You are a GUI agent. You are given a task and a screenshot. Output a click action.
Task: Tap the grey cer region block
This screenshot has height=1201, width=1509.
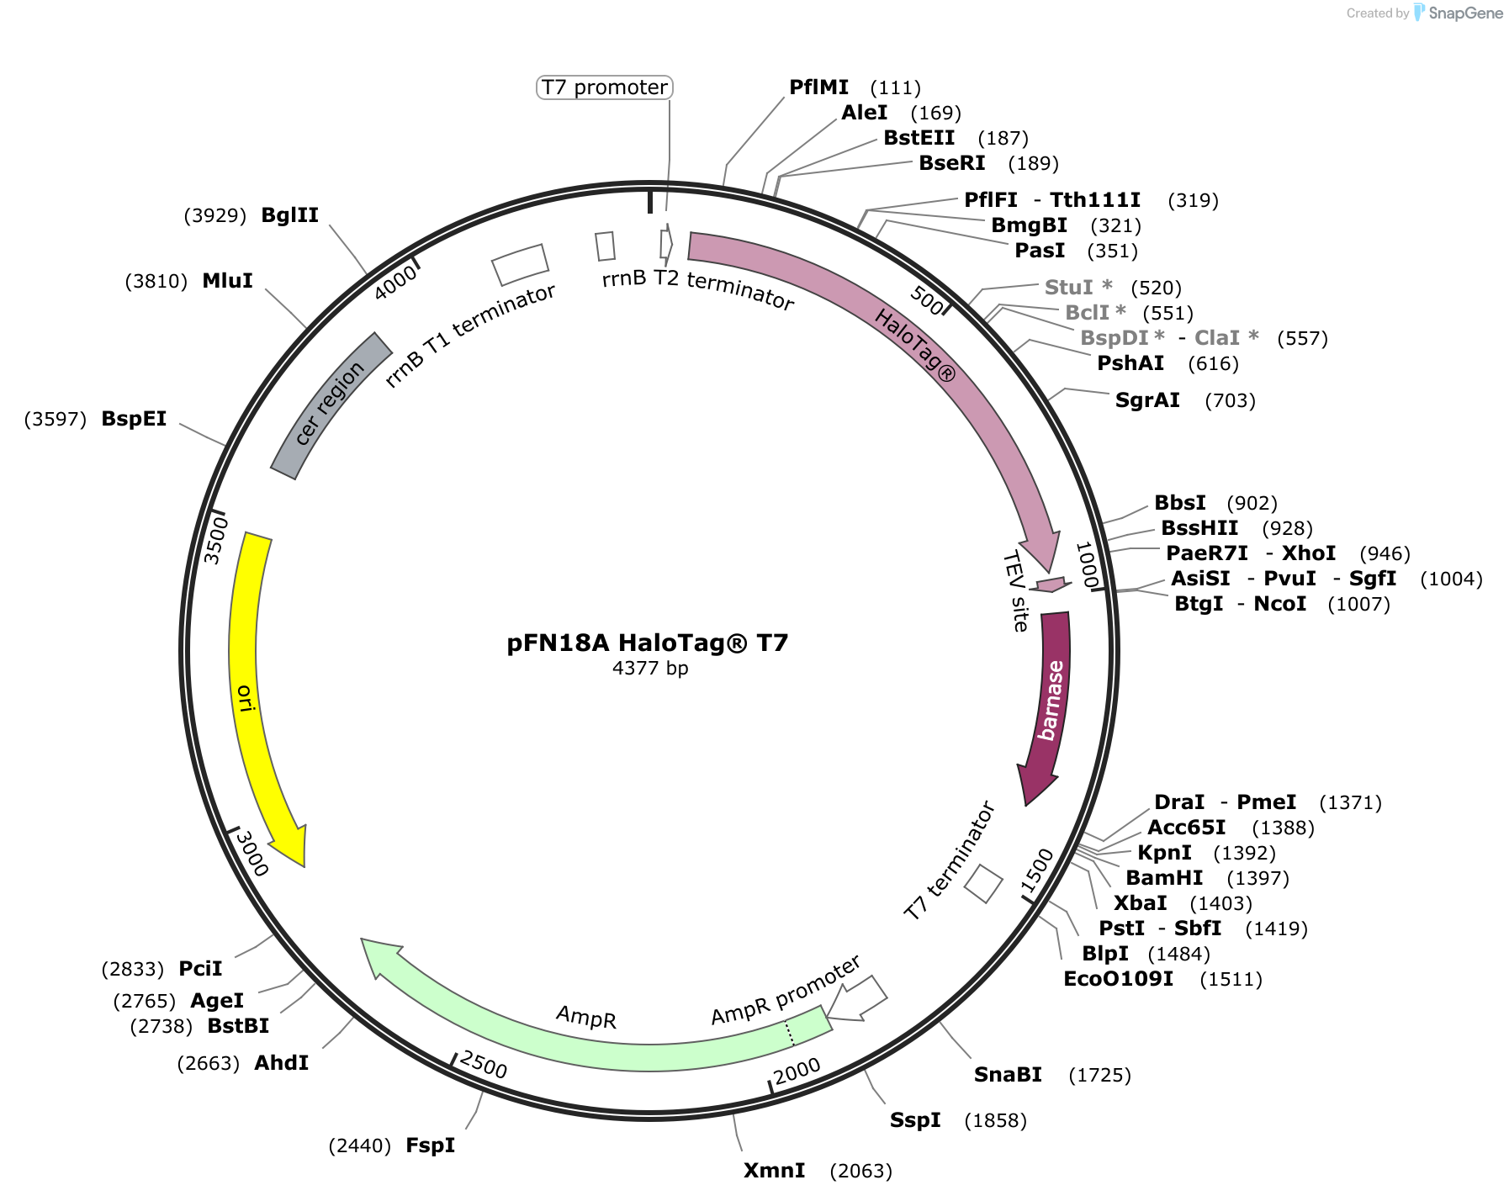330,405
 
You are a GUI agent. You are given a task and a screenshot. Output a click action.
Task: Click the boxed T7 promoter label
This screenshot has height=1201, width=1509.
604,87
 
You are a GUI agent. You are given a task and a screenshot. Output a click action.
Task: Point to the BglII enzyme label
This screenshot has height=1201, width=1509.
290,215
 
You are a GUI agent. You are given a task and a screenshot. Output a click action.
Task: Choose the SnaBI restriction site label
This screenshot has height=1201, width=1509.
1008,1075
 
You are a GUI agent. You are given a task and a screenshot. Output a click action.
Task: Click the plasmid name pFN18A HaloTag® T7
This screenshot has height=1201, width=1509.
647,643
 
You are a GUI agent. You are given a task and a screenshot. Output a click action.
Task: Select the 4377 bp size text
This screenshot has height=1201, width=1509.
650,669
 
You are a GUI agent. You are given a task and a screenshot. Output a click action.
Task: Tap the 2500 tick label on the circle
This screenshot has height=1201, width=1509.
484,1065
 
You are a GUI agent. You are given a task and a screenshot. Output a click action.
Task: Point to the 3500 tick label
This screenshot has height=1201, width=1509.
216,540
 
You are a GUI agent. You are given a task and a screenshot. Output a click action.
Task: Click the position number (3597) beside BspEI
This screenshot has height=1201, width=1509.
56,419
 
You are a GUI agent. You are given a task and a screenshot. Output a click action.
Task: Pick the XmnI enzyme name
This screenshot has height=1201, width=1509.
775,1171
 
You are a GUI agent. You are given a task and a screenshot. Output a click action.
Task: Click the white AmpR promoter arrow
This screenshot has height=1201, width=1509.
858,999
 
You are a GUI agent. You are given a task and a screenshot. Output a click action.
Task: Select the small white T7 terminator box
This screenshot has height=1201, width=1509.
983,884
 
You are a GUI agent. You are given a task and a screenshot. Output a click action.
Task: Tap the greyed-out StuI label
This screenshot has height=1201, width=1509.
1078,288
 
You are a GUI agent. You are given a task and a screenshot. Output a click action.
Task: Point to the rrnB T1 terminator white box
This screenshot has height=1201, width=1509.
520,264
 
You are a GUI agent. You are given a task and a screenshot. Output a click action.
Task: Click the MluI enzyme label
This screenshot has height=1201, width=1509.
228,281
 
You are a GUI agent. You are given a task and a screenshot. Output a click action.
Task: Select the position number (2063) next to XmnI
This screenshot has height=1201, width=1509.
861,1171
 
